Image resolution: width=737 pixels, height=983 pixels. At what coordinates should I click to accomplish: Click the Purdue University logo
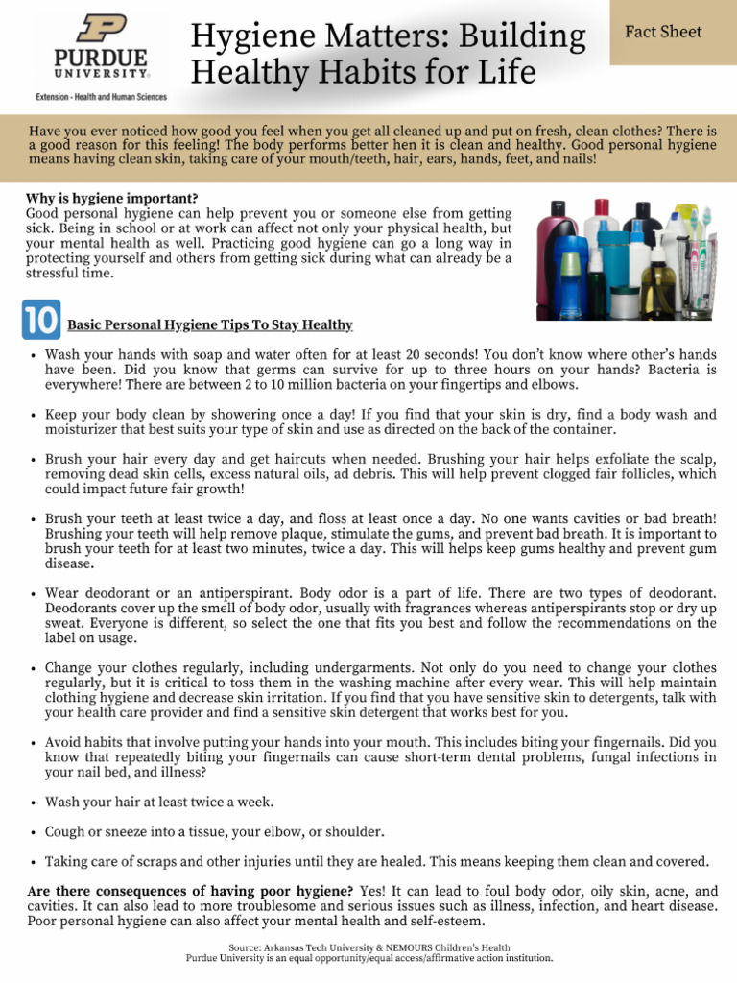pos(101,48)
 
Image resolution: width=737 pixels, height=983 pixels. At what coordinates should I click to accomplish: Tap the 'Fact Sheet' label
pos(663,32)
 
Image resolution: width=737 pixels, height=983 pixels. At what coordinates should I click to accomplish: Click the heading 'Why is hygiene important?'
pos(112,199)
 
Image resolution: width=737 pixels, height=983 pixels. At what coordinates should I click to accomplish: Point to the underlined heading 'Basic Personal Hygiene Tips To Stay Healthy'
pos(209,325)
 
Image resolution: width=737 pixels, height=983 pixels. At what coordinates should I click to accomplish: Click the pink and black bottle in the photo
pos(555,254)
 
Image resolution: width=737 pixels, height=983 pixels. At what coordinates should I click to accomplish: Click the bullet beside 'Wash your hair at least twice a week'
pos(34,803)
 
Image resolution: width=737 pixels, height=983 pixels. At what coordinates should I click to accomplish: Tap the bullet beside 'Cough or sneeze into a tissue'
pos(34,832)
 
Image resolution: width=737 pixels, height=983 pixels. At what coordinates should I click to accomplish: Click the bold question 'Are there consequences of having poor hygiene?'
pos(190,891)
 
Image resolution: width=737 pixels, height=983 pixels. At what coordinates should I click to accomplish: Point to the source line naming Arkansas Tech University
pos(368,947)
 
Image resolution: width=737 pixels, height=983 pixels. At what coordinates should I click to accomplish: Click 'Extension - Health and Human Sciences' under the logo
pos(101,97)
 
